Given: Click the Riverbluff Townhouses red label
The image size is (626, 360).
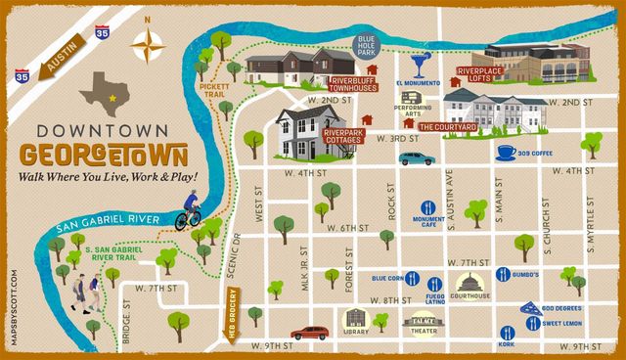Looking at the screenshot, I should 354,84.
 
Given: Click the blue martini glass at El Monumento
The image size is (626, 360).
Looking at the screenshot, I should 420,65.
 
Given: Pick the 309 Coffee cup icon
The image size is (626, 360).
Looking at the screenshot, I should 507,152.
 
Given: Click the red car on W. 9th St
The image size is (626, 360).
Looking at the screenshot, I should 310,333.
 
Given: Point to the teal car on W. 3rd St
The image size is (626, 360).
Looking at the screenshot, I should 416,157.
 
